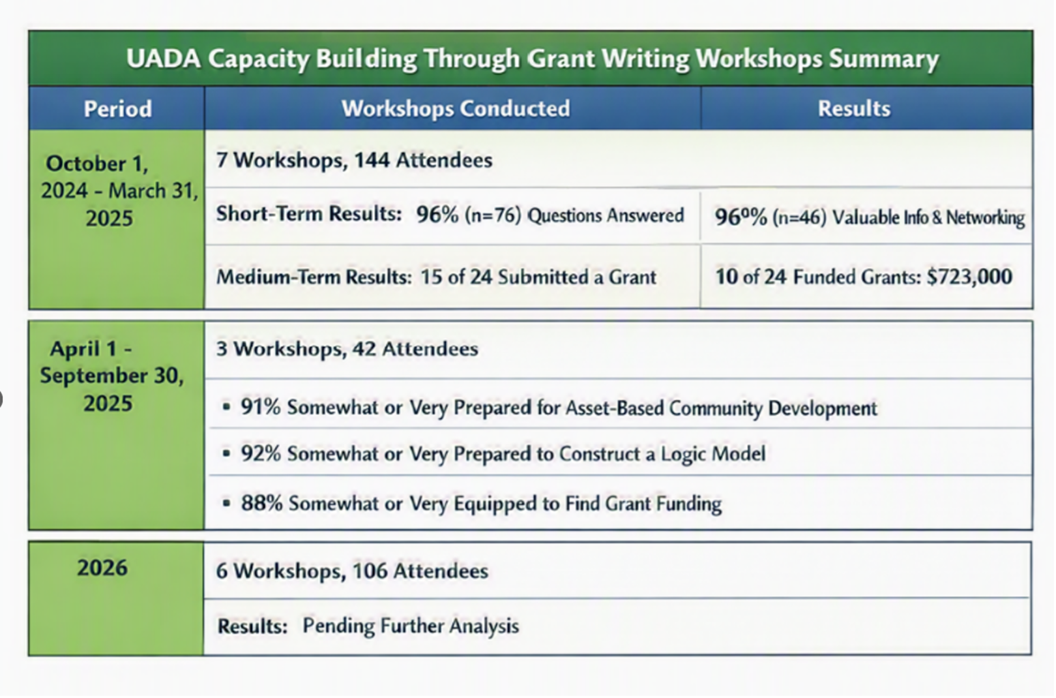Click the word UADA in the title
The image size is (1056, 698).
coord(163,59)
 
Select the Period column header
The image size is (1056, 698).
coord(118,109)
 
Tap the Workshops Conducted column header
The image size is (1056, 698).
coord(456,108)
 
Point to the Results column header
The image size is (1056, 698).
coord(854,108)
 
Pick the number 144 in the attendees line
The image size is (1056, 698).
coord(372,160)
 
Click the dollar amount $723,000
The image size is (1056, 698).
coord(969,277)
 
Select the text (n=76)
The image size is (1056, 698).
coord(493,215)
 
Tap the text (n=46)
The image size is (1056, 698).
coord(800,217)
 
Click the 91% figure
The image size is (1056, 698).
coord(261,407)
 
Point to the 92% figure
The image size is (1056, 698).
coord(261,454)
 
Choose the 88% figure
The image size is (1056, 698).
coord(261,503)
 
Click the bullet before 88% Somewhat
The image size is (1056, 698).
coord(227,503)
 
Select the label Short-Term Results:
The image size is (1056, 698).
coord(309,214)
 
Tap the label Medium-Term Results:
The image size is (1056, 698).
coord(314,277)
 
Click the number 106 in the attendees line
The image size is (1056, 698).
coord(370,571)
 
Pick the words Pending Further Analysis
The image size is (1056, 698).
coord(411,626)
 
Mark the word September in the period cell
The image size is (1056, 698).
coord(94,376)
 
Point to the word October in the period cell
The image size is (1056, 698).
coord(86,164)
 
